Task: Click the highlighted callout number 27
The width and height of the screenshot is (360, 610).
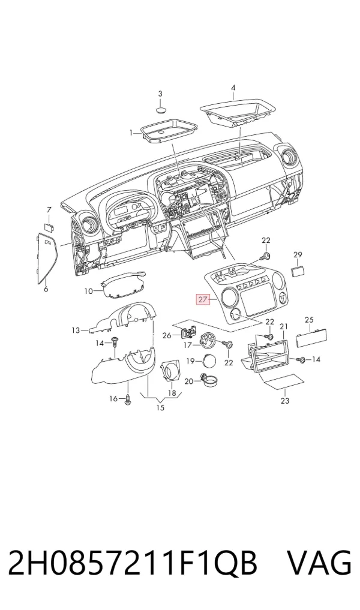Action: (202, 299)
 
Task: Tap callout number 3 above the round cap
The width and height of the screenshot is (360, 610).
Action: (160, 94)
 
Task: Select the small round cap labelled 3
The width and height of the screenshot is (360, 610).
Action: (161, 110)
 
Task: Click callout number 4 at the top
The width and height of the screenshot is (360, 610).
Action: (233, 88)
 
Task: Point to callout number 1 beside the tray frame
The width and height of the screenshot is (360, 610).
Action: (131, 133)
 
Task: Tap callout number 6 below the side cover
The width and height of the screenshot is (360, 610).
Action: (46, 289)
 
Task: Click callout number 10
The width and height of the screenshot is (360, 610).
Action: (89, 291)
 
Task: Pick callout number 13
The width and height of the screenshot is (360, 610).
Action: (76, 330)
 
